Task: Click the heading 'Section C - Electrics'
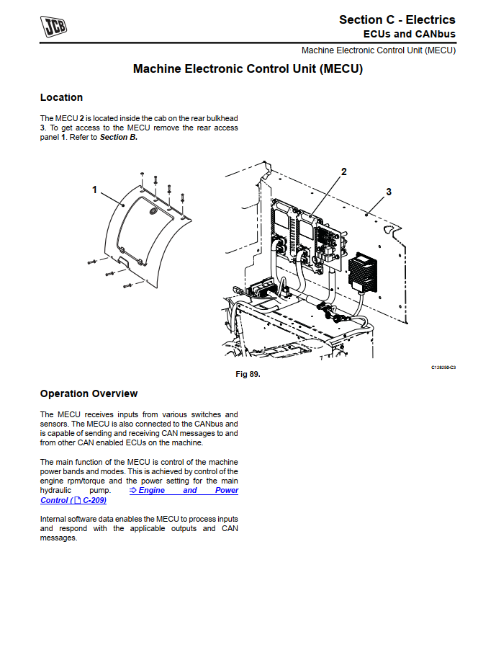pos(397,19)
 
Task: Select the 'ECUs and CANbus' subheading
pos(409,34)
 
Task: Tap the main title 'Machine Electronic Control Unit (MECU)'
pos(248,70)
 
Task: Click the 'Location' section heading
pos(61,97)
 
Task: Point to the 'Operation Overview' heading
pos(89,393)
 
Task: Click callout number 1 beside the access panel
pos(94,190)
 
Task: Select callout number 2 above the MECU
pos(344,172)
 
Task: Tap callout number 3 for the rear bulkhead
pos(389,192)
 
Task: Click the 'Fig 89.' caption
pos(248,375)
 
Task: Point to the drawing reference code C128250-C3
pos(443,368)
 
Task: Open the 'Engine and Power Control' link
pos(139,495)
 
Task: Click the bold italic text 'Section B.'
pos(119,137)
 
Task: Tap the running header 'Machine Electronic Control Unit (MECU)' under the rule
pos(378,50)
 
